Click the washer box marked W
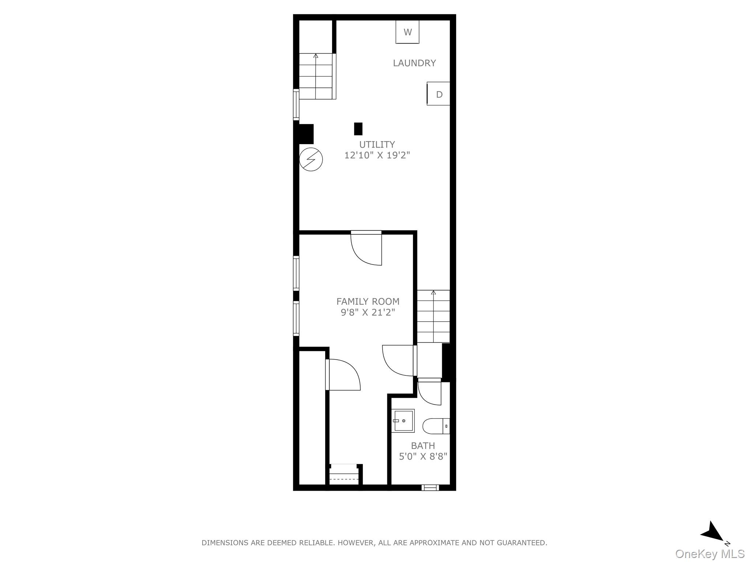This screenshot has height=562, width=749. [x=407, y=32]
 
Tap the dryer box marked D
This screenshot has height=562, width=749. [x=439, y=94]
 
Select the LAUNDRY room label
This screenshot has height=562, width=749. [x=414, y=63]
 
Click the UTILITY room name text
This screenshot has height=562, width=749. [x=377, y=144]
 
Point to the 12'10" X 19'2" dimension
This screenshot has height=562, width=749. [x=377, y=155]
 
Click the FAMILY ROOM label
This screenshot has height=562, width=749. [x=368, y=301]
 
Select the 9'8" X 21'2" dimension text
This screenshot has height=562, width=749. [x=368, y=312]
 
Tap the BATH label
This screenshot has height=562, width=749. [x=423, y=446]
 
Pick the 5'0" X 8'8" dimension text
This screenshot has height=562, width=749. [x=423, y=456]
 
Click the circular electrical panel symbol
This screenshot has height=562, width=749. [x=311, y=160]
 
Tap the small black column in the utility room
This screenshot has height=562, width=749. [x=358, y=129]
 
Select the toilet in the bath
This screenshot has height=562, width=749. [x=436, y=426]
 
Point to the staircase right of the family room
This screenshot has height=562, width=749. [x=433, y=316]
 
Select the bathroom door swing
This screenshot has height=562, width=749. [x=430, y=393]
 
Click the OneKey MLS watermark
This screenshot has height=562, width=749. [x=710, y=554]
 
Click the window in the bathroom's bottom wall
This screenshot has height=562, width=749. [x=430, y=487]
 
